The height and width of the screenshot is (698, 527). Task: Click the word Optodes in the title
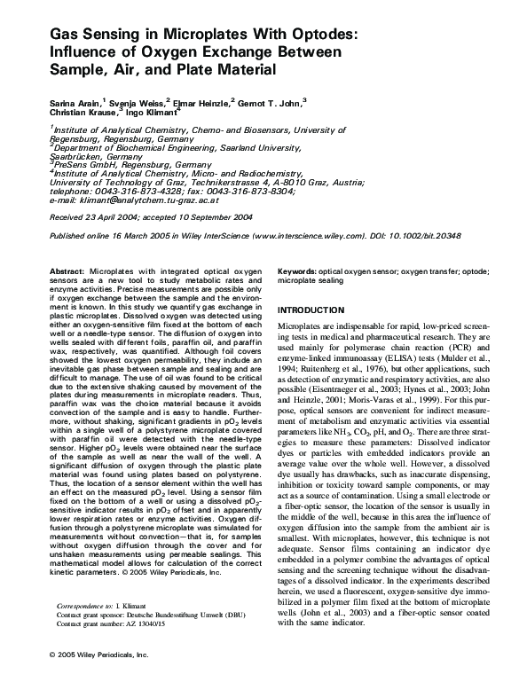click(x=320, y=35)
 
